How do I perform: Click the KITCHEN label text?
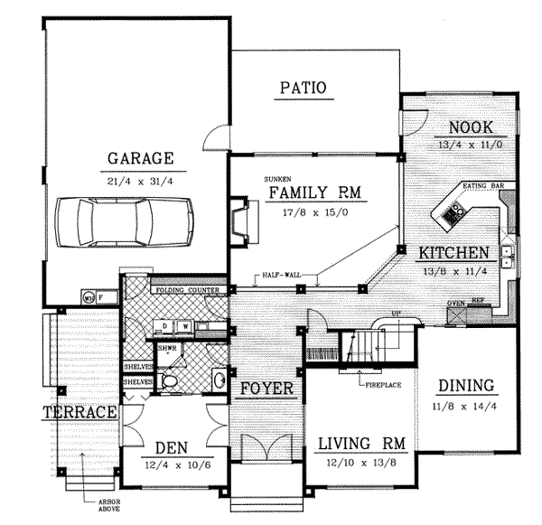pyautogui.click(x=453, y=252)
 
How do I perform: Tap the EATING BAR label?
pyautogui.click(x=482, y=185)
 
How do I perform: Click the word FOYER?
pyautogui.click(x=266, y=389)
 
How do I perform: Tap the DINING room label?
pyautogui.click(x=465, y=386)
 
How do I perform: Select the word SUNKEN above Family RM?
pyautogui.click(x=276, y=180)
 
